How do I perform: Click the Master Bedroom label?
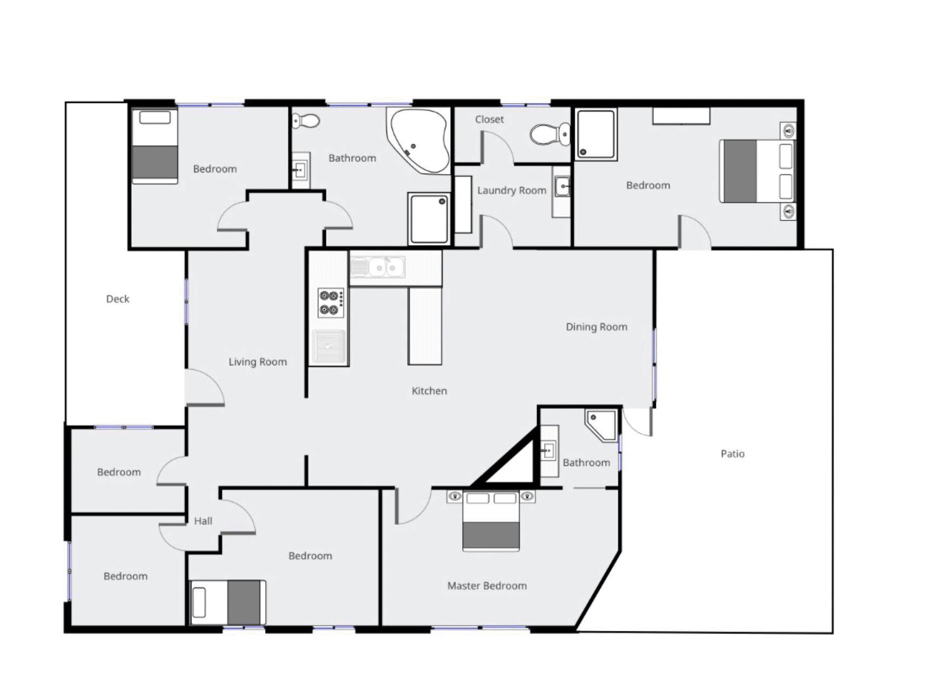pyautogui.click(x=487, y=586)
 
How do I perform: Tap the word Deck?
pyautogui.click(x=118, y=299)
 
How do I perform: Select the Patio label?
pyautogui.click(x=732, y=453)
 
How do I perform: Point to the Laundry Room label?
pyautogui.click(x=511, y=190)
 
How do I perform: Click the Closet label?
pyautogui.click(x=489, y=119)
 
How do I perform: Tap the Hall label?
pyautogui.click(x=203, y=521)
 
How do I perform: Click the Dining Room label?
pyautogui.click(x=596, y=327)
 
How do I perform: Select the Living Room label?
pyautogui.click(x=257, y=362)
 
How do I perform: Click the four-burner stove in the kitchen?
pyautogui.click(x=330, y=303)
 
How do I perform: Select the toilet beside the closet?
pyautogui.click(x=549, y=134)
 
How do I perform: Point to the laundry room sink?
pyautogui.click(x=562, y=187)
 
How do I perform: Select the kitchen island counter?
pyautogui.click(x=425, y=325)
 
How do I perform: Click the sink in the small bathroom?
pyautogui.click(x=548, y=451)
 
